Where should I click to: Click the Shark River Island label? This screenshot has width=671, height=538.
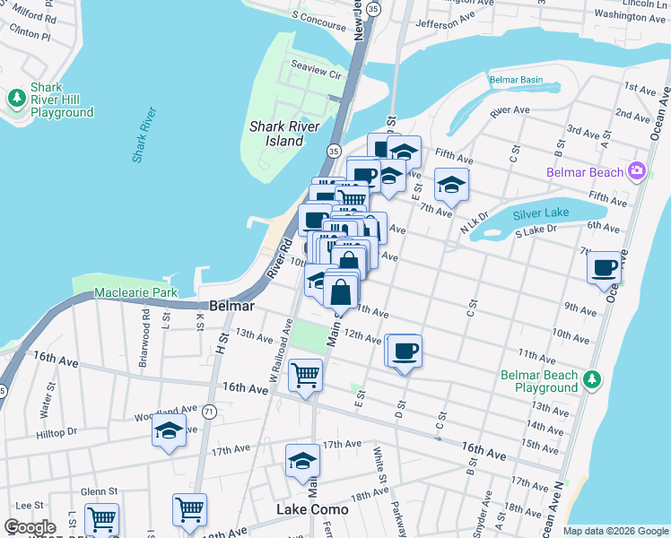[x=277, y=134]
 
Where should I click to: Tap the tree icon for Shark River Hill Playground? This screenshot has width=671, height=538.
[x=16, y=97]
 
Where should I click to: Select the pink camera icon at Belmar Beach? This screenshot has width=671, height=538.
[x=637, y=170]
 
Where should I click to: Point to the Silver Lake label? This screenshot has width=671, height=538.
[x=542, y=215]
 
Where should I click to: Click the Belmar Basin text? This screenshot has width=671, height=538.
[x=516, y=80]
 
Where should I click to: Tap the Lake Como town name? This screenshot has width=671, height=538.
[x=312, y=509]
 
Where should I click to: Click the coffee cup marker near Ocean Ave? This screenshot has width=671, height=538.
[x=606, y=267]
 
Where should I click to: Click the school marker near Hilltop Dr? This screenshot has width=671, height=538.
[x=169, y=430]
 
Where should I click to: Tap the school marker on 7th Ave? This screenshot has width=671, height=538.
[x=451, y=185]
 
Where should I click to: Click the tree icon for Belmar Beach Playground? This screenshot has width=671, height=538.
[x=590, y=379]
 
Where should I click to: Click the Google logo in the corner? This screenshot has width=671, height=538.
[x=30, y=527]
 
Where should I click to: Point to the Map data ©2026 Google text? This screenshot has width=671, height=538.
[x=614, y=531]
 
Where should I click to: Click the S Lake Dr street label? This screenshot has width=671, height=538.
[x=536, y=230]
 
